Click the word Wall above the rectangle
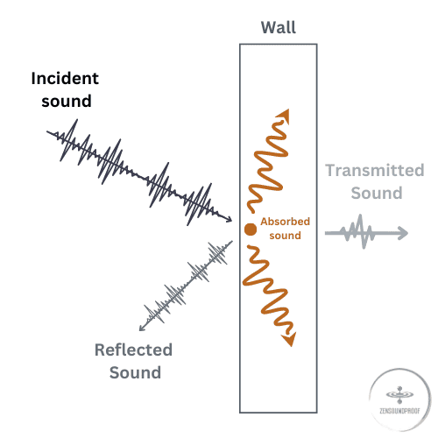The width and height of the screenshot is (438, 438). tap(279, 27)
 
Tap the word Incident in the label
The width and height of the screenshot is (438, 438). tap(65, 78)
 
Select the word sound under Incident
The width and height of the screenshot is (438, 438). tap(67, 101)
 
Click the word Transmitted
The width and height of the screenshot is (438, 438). tap(375, 170)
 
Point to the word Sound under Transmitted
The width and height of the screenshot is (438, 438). tap(377, 193)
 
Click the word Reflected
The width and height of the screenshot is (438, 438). tap(133, 350)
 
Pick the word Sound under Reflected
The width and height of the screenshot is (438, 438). tap(135, 372)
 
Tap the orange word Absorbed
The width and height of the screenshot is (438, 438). tap(285, 222)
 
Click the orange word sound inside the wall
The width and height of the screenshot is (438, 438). tap(285, 236)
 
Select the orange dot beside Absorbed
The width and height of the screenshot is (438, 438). tap(251, 230)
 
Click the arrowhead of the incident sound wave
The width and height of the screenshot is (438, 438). tap(230, 219)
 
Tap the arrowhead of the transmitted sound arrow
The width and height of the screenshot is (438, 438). tap(403, 233)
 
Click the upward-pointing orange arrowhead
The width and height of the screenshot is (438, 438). tap(284, 116)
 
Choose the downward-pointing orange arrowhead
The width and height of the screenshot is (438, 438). tap(289, 339)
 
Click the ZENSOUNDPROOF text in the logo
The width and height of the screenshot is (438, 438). tap(399, 411)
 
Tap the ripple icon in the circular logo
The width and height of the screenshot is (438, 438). tap(399, 395)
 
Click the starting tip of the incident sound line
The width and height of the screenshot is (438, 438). tap(47, 131)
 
